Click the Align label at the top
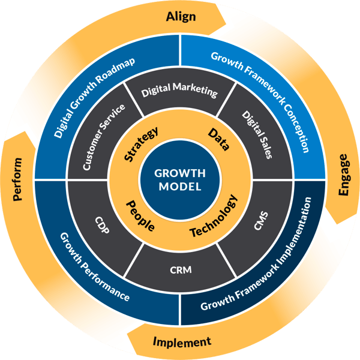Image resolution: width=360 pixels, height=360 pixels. pos(180,16)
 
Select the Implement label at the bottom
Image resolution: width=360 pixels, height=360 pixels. pos(182,343)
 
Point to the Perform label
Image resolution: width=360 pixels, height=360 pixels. pos(17,179)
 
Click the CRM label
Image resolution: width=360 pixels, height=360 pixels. pos(180,270)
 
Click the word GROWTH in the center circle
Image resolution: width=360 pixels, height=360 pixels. pos(180,173)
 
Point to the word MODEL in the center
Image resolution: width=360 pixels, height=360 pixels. pos(180,187)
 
